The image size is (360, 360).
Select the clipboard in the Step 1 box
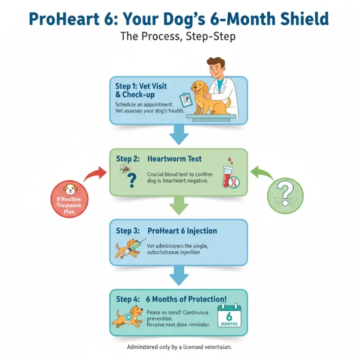tap(186, 99)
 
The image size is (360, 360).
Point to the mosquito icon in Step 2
tap(125, 168)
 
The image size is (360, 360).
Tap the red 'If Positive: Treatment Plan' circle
tap(69, 199)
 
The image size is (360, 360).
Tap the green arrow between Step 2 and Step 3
tap(178, 205)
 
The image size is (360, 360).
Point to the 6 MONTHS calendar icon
tap(229, 315)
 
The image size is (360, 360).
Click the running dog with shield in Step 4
tap(127, 316)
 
